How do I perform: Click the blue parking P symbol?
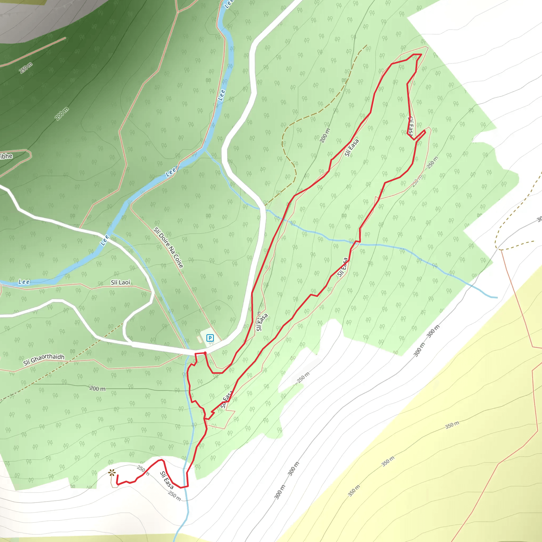click(210, 338)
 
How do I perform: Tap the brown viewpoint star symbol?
click(112, 473)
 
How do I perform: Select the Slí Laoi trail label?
click(120, 282)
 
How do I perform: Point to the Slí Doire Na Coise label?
click(168, 248)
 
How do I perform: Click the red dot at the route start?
click(205, 353)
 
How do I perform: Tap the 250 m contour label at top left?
click(26, 68)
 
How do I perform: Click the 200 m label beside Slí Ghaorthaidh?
click(97, 389)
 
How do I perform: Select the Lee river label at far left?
click(24, 282)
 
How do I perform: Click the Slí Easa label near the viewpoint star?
click(167, 480)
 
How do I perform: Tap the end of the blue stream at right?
click(497, 298)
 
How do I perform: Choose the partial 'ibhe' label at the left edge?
click(6, 156)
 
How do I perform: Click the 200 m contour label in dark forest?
click(62, 114)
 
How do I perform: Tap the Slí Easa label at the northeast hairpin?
click(410, 126)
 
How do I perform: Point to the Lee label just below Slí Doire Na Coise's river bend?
click(104, 240)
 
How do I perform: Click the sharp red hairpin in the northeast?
click(425, 131)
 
